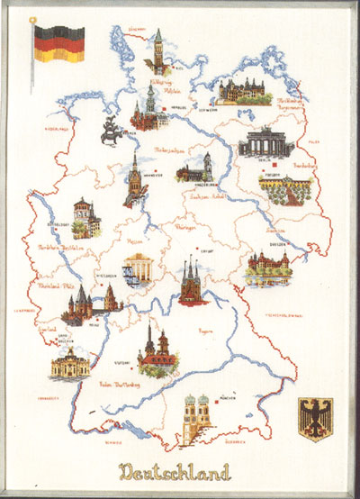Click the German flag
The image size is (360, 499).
click(59, 42)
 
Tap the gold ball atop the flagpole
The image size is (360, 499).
click(33, 19)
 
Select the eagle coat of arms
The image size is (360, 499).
click(314, 418)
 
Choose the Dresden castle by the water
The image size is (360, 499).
click(267, 268)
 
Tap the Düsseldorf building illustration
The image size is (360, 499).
click(85, 217)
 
